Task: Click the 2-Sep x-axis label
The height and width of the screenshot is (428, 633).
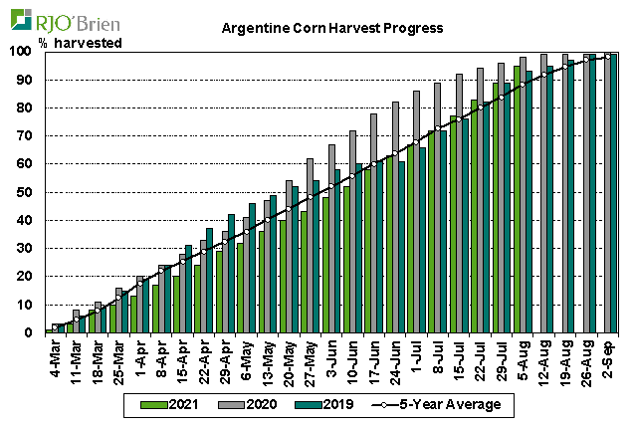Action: tap(607, 355)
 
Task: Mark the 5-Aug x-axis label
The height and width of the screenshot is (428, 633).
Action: tap(523, 355)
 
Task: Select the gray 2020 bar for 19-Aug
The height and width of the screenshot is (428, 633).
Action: tap(565, 193)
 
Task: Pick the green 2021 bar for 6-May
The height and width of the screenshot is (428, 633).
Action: tap(240, 288)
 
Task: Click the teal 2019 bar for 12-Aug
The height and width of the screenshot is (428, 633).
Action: tap(549, 199)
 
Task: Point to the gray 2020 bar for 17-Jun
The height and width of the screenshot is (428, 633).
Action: tap(373, 223)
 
